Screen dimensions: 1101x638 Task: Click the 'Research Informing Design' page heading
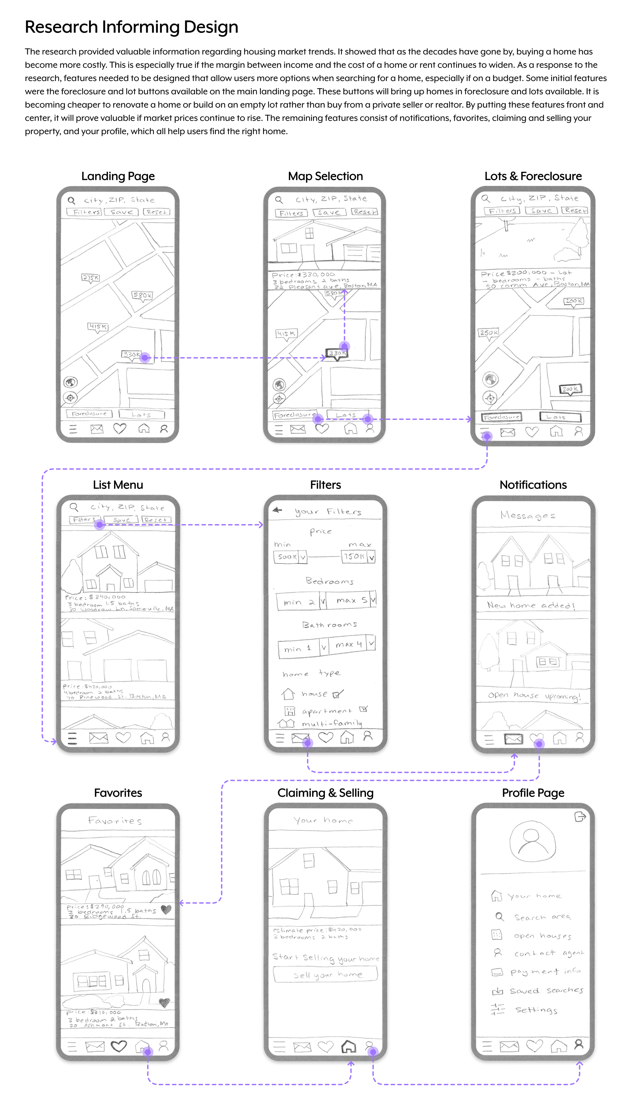(x=131, y=27)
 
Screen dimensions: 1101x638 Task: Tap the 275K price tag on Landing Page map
(x=91, y=277)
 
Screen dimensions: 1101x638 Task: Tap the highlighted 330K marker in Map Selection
(x=336, y=353)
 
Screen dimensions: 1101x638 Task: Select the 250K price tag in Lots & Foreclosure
(x=488, y=332)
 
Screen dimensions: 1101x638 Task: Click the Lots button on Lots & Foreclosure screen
(x=560, y=417)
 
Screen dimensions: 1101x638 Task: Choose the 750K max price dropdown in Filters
(x=358, y=556)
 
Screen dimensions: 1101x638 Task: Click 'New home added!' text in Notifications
(x=531, y=605)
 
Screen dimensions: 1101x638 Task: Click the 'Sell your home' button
(x=325, y=974)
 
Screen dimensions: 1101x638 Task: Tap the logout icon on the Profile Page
(x=580, y=817)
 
